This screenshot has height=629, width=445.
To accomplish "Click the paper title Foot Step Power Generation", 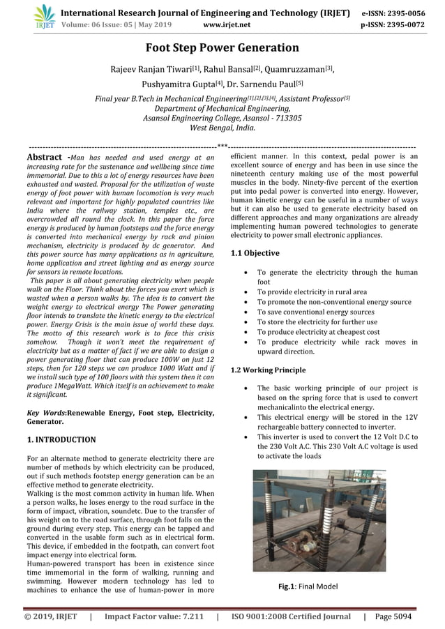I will click(x=222, y=48).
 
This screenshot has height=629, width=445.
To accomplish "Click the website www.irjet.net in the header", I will click(x=227, y=25).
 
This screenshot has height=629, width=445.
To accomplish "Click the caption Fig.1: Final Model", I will click(x=308, y=586).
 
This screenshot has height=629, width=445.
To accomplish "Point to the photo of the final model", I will click(x=319, y=520).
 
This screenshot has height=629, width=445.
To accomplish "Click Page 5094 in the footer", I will click(x=393, y=617).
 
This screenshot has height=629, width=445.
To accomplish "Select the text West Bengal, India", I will click(x=222, y=128).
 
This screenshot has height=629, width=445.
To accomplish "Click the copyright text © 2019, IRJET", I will click(x=51, y=617).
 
